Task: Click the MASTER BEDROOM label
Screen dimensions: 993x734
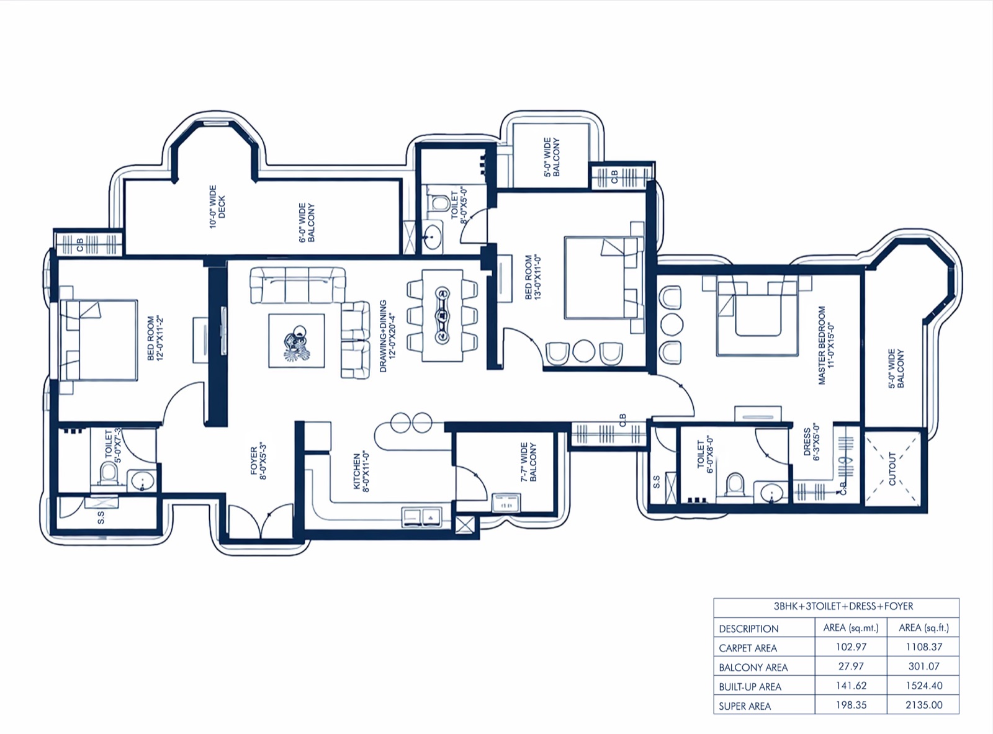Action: point(826,345)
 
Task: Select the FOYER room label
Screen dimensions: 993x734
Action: point(258,461)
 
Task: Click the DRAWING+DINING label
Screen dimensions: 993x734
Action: point(387,336)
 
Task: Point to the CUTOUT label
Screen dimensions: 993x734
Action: point(892,468)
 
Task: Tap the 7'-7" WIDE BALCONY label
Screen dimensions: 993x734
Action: point(528,462)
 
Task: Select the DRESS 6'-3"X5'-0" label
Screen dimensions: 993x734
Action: point(811,442)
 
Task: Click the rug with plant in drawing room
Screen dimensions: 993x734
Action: point(297,341)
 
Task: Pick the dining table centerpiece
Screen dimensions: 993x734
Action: point(443,316)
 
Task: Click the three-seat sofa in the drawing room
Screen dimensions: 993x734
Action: point(298,285)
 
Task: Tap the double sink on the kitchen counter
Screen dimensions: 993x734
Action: point(421,517)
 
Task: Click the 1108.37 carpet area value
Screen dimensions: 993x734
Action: point(924,647)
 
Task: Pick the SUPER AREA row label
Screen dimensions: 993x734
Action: point(745,706)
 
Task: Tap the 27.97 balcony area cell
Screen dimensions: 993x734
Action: point(851,666)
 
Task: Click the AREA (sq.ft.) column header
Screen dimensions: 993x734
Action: point(924,628)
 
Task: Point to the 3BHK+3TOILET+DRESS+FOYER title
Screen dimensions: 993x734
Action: point(837,606)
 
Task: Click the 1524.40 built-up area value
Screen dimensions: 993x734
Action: point(924,686)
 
